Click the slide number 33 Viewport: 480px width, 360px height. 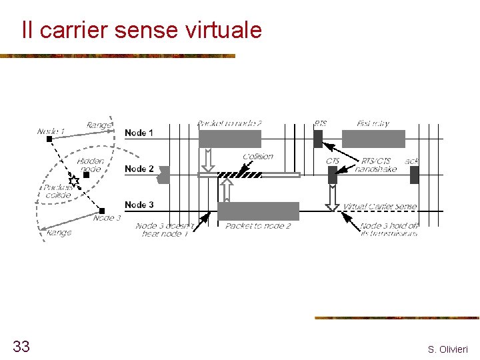[x=21, y=346]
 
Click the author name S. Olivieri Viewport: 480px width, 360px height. [x=448, y=349]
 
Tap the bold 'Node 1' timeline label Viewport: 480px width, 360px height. [x=139, y=133]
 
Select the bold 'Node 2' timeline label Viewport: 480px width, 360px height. [x=139, y=169]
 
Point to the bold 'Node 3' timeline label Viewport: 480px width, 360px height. [x=139, y=205]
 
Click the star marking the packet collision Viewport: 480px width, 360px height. [x=74, y=181]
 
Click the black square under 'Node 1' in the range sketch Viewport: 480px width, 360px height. [x=49, y=140]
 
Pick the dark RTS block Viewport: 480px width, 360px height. [x=318, y=139]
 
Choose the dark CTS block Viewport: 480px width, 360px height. [x=333, y=175]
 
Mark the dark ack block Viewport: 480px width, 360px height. [x=414, y=175]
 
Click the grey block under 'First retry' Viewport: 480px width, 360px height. [x=373, y=139]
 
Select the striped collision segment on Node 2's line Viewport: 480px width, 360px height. [x=240, y=175]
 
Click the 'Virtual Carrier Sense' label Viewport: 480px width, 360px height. [x=380, y=207]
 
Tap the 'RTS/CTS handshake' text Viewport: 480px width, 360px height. [x=376, y=165]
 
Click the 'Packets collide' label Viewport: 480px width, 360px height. [x=58, y=191]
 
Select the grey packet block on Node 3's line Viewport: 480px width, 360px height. [x=259, y=211]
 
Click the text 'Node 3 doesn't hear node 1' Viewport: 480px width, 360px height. [x=165, y=230]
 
